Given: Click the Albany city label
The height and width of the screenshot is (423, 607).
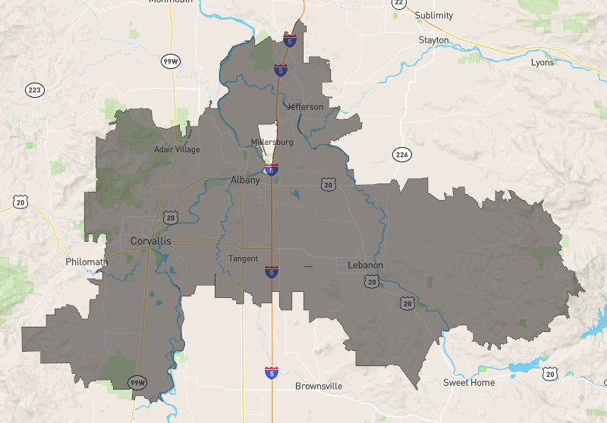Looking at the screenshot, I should [x=245, y=180].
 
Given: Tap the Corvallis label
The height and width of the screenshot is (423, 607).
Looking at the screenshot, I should [x=151, y=241].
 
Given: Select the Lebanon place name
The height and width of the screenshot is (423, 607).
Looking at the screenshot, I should [x=365, y=265].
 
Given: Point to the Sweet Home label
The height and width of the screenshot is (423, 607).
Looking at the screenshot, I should [x=469, y=383].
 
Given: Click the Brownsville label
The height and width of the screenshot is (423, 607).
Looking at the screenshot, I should [x=319, y=387].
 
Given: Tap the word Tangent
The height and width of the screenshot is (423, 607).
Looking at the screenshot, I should [x=244, y=258].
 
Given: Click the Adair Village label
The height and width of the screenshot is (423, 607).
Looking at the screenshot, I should [x=177, y=149].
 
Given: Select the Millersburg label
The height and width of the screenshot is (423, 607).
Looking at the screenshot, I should [x=272, y=143].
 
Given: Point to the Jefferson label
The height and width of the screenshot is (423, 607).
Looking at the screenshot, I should [x=305, y=107].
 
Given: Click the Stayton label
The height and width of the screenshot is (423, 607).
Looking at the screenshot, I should [x=433, y=40].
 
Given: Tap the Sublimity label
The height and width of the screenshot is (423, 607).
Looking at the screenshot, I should [x=435, y=15].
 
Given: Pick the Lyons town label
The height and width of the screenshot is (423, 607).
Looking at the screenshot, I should [x=543, y=62].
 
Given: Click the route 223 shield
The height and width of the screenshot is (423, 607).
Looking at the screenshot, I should [x=34, y=91].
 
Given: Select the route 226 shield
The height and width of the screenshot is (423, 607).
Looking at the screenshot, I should [x=401, y=155].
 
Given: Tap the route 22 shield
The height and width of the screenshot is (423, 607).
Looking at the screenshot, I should [x=398, y=3].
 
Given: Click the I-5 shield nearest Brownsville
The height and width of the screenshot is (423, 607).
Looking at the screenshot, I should [x=271, y=372].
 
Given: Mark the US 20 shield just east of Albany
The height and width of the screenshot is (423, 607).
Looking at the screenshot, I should [x=328, y=184].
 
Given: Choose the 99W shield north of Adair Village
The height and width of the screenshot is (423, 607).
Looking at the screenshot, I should [x=169, y=61].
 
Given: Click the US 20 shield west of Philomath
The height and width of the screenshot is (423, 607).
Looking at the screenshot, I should [x=20, y=201].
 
